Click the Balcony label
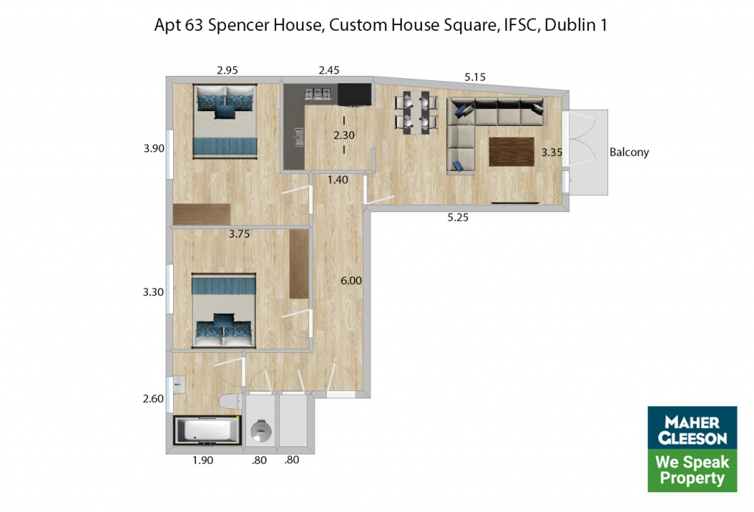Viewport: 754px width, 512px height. [629, 152]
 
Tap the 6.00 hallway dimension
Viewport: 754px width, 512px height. [351, 281]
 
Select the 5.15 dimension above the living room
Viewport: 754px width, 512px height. [475, 77]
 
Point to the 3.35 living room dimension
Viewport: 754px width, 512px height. [552, 152]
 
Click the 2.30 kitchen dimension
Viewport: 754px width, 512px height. [344, 136]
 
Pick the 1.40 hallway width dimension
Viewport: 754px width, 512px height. [337, 180]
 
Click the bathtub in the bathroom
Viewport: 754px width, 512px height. [207, 429]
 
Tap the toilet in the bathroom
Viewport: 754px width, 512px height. [230, 400]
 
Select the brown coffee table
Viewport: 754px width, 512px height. [512, 152]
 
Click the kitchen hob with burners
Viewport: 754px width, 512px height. [318, 93]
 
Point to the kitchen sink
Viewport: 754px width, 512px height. [298, 138]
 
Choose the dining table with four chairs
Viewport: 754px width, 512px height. [417, 112]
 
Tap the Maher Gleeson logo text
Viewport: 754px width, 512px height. [692, 430]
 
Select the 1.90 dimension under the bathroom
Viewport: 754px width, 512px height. [202, 460]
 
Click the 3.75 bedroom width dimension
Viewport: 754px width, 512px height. [239, 234]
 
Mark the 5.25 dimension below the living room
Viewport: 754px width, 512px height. [458, 217]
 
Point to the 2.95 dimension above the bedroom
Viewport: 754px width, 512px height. [227, 70]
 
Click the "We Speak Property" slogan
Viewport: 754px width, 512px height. [692, 470]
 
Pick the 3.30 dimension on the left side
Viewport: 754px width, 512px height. [153, 292]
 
